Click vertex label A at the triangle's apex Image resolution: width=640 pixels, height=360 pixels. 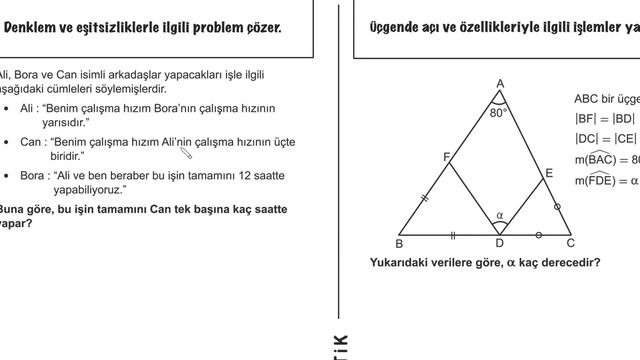499,84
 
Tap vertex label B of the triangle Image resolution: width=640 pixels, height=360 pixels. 399,243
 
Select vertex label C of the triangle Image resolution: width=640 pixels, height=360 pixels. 570,242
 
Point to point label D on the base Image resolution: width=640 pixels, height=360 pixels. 500,243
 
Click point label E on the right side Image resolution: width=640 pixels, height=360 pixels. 549,173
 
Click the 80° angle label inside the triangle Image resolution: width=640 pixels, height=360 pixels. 499,113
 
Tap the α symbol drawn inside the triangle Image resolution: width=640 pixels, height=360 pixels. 500,214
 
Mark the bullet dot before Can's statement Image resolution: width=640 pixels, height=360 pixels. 7,143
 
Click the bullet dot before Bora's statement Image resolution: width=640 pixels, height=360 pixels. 7,176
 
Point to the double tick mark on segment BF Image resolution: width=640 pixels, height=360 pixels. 424,199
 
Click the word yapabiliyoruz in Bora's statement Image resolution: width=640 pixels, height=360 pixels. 85,189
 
